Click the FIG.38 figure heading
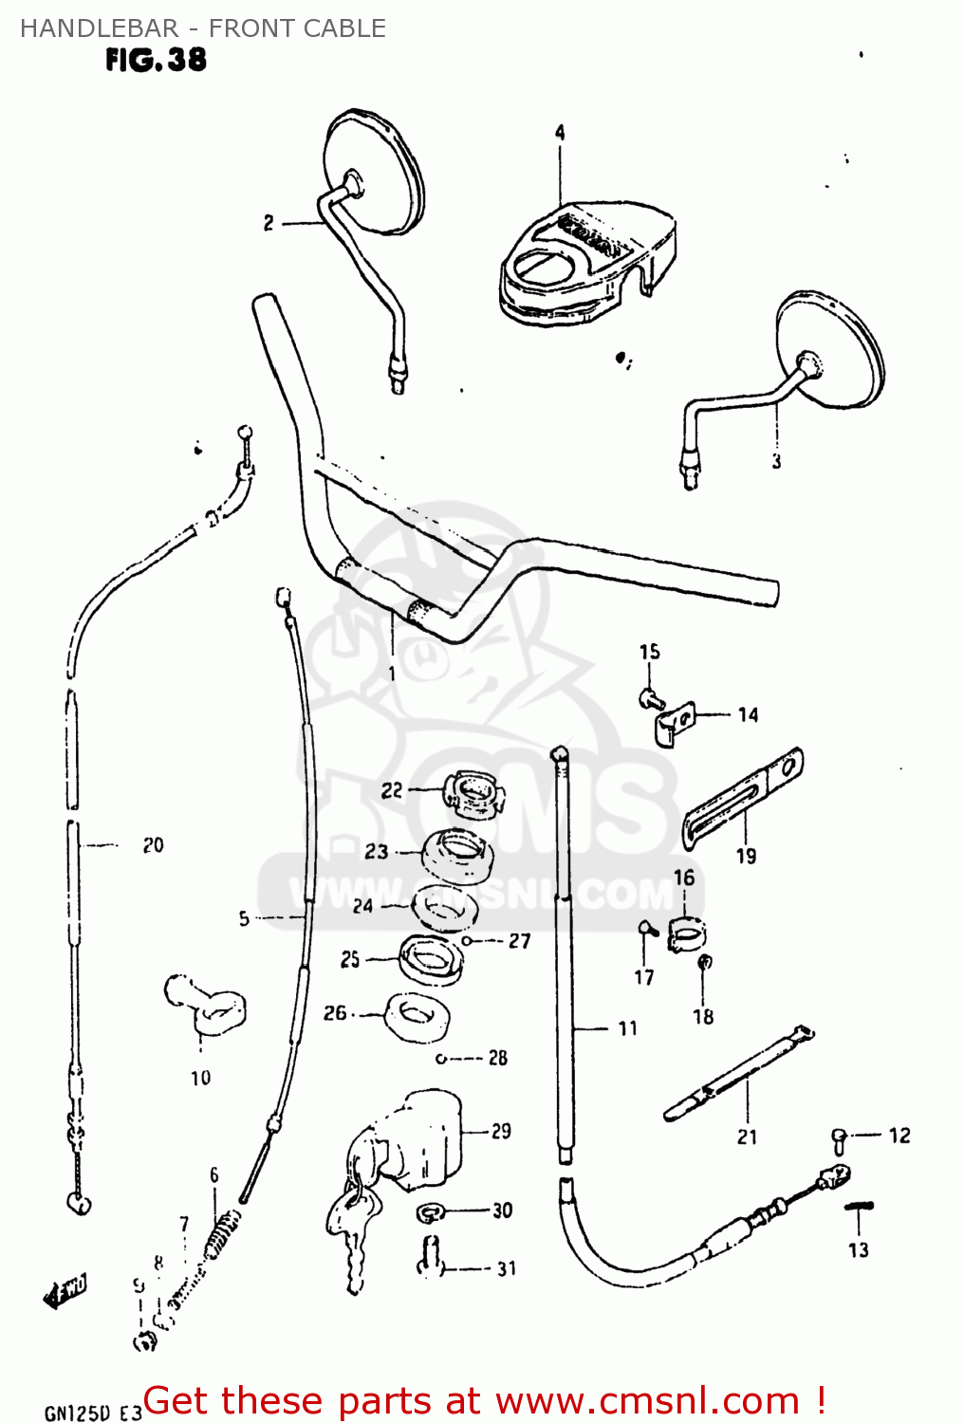156,60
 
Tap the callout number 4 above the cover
560,133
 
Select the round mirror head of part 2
374,171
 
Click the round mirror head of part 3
831,350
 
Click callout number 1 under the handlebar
392,674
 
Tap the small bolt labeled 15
650,700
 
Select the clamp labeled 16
685,933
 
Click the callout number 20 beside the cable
153,845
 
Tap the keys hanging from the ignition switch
350,1229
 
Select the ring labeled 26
417,1014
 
